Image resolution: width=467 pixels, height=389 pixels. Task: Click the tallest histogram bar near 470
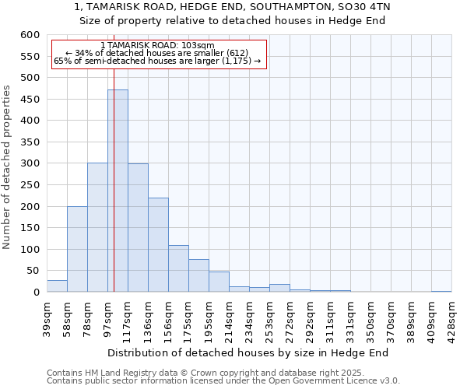[x=118, y=191]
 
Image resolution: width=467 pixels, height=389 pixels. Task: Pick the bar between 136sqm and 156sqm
[x=158, y=245]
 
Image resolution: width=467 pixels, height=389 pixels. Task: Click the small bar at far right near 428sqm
[x=441, y=291]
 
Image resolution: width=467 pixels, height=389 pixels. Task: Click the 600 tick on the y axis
[x=30, y=35]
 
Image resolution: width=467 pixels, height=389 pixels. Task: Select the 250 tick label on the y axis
[x=30, y=185]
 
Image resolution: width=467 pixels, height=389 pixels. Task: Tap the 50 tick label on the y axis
[x=33, y=271]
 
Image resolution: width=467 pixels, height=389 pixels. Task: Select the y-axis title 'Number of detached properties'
[x=7, y=167]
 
